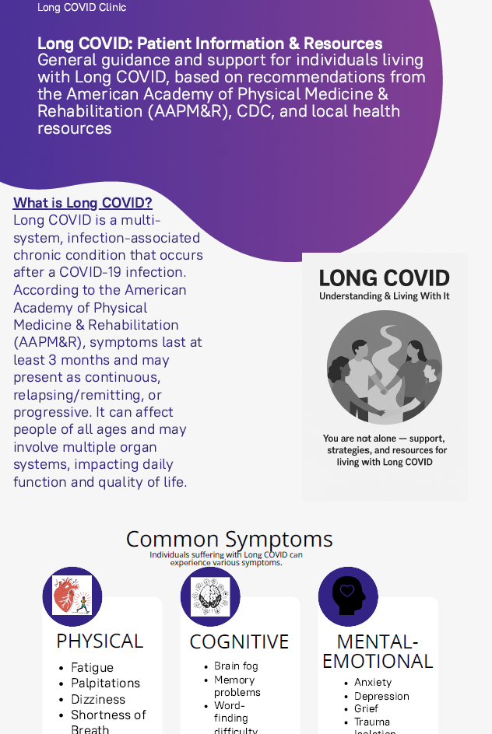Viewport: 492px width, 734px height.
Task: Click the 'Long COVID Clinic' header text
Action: (82, 8)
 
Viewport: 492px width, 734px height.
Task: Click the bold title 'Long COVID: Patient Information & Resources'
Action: (209, 44)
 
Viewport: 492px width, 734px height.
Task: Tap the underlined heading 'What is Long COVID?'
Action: (83, 203)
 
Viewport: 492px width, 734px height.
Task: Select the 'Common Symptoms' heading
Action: (229, 539)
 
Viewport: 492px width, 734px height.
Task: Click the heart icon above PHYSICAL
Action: (72, 596)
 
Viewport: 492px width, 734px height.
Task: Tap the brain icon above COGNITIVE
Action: (210, 596)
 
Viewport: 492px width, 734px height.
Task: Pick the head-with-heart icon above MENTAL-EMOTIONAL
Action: (348, 596)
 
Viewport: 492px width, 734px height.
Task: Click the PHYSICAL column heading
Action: (100, 641)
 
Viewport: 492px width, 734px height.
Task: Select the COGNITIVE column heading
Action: (239, 641)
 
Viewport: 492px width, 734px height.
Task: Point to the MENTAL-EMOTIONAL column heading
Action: (378, 652)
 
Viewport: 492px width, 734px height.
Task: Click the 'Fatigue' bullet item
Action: (92, 668)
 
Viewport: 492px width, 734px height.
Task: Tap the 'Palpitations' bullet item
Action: (105, 683)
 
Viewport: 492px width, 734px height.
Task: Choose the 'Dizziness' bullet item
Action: (97, 699)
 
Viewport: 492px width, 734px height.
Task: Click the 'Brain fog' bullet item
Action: (236, 666)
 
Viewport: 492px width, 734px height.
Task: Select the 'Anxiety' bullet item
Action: (373, 683)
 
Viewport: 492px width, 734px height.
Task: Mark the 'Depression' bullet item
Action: (381, 696)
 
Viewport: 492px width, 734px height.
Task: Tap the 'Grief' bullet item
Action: (366, 708)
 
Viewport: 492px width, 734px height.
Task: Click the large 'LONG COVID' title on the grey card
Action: (385, 278)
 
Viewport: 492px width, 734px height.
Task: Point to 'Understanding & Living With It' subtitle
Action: (385, 296)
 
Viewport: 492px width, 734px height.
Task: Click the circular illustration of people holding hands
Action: (385, 367)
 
